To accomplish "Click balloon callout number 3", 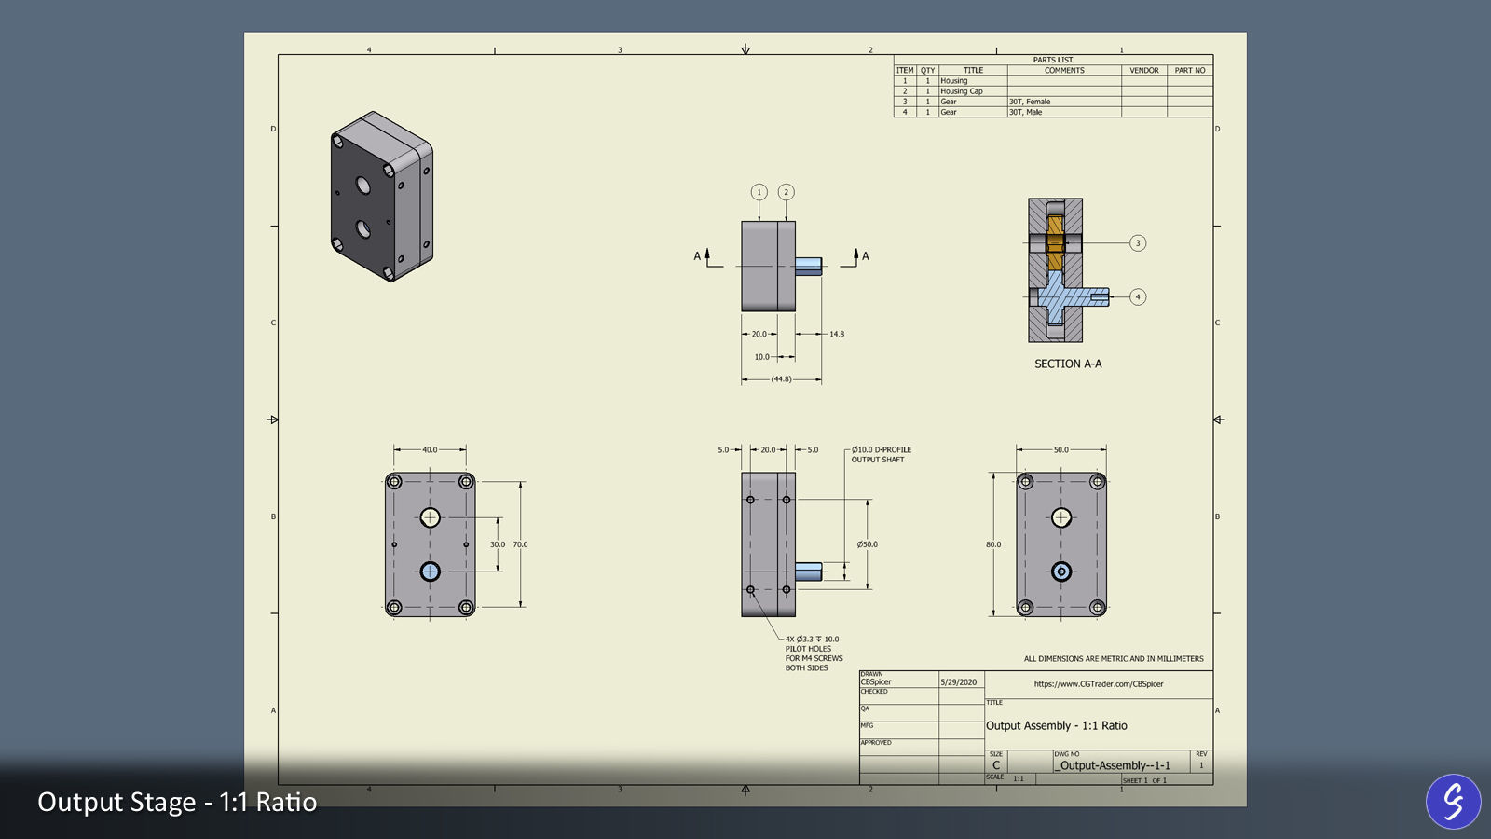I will point(1137,243).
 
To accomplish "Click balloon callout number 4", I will point(1137,297).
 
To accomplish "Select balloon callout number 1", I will point(759,192).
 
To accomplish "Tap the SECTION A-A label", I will point(1068,364).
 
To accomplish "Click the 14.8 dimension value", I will point(836,334).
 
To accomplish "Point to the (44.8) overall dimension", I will point(781,379).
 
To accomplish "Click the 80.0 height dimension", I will point(993,544).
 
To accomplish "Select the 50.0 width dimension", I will point(1060,449).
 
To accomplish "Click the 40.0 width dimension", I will point(430,449).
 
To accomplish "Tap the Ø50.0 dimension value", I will point(867,544).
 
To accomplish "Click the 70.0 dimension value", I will point(520,544).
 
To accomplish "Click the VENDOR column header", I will point(1143,70).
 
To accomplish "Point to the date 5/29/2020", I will point(958,682).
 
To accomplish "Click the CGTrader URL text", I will point(1098,684).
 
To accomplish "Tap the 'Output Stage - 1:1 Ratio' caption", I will point(177,803).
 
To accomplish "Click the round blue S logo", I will point(1453,801).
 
